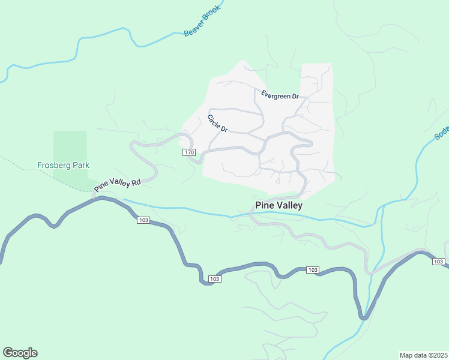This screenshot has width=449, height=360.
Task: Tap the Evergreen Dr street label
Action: pyautogui.click(x=280, y=95)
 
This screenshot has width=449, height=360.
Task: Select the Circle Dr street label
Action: pyautogui.click(x=218, y=124)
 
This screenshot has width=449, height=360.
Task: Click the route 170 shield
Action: pyautogui.click(x=189, y=153)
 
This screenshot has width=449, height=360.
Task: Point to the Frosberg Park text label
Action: pyautogui.click(x=63, y=165)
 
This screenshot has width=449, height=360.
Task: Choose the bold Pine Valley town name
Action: pyautogui.click(x=279, y=205)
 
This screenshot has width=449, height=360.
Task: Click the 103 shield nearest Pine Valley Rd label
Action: pyautogui.click(x=143, y=220)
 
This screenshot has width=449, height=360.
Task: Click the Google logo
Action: pyautogui.click(x=20, y=352)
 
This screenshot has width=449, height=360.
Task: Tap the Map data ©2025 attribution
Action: pyautogui.click(x=423, y=355)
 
